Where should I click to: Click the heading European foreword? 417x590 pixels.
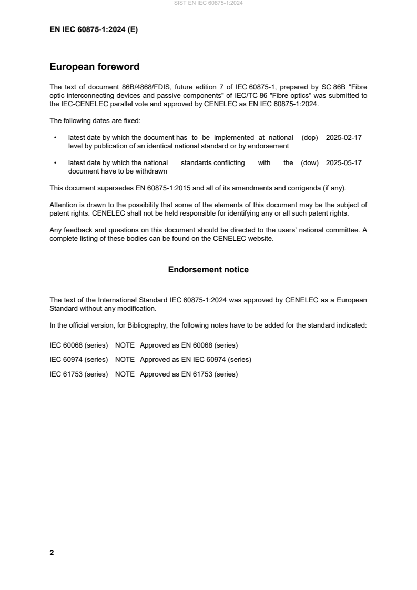tap(94, 67)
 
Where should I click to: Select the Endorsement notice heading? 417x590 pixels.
tap(208, 270)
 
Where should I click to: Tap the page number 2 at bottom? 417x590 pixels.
tap(52, 553)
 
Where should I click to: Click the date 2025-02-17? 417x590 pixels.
tap(343, 137)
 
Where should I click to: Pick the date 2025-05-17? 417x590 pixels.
tap(343, 163)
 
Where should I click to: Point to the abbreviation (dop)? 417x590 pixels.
tap(310, 137)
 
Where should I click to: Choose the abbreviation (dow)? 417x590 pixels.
tap(310, 163)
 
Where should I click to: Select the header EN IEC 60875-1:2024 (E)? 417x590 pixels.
tap(94, 30)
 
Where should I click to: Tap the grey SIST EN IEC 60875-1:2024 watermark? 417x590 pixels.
tap(208, 3)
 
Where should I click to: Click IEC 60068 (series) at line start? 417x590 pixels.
tap(79, 345)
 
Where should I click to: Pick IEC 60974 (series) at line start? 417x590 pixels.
tap(79, 360)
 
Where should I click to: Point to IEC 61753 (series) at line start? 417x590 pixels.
tap(79, 374)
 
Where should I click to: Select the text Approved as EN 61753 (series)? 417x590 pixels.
tap(189, 374)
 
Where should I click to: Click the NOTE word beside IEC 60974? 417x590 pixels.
tap(125, 360)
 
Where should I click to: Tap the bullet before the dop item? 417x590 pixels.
tap(55, 138)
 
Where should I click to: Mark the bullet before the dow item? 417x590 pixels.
tap(55, 164)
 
